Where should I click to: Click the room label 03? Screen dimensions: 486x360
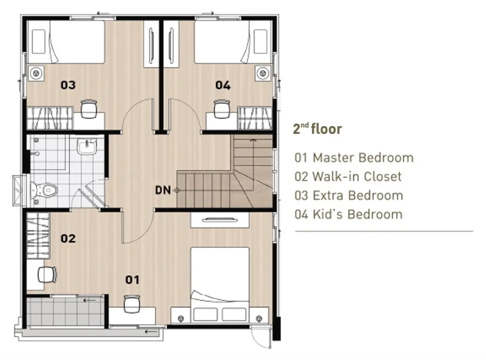tap(68, 85)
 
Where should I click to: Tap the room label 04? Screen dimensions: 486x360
tap(223, 85)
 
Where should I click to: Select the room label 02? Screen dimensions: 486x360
tap(68, 238)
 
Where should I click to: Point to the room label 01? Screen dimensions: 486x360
tap(132, 280)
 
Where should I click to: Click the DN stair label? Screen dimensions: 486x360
tap(163, 190)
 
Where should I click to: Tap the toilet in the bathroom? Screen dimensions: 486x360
tap(44, 190)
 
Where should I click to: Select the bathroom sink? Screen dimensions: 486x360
tap(87, 147)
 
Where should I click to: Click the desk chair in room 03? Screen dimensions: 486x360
tap(88, 109)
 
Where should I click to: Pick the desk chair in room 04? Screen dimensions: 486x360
tap(222, 109)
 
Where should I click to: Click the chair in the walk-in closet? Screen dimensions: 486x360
tap(47, 274)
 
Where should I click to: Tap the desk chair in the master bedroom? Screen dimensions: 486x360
tap(132, 304)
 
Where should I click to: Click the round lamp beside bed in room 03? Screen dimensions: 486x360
tap(36, 73)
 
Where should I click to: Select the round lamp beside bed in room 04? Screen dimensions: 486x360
tap(263, 73)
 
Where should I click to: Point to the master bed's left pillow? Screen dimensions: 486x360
tap(205, 314)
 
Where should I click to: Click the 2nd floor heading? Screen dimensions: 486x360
tap(317, 129)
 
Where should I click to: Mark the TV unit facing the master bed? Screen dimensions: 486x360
tap(220, 220)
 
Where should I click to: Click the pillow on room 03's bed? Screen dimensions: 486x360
tap(39, 41)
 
